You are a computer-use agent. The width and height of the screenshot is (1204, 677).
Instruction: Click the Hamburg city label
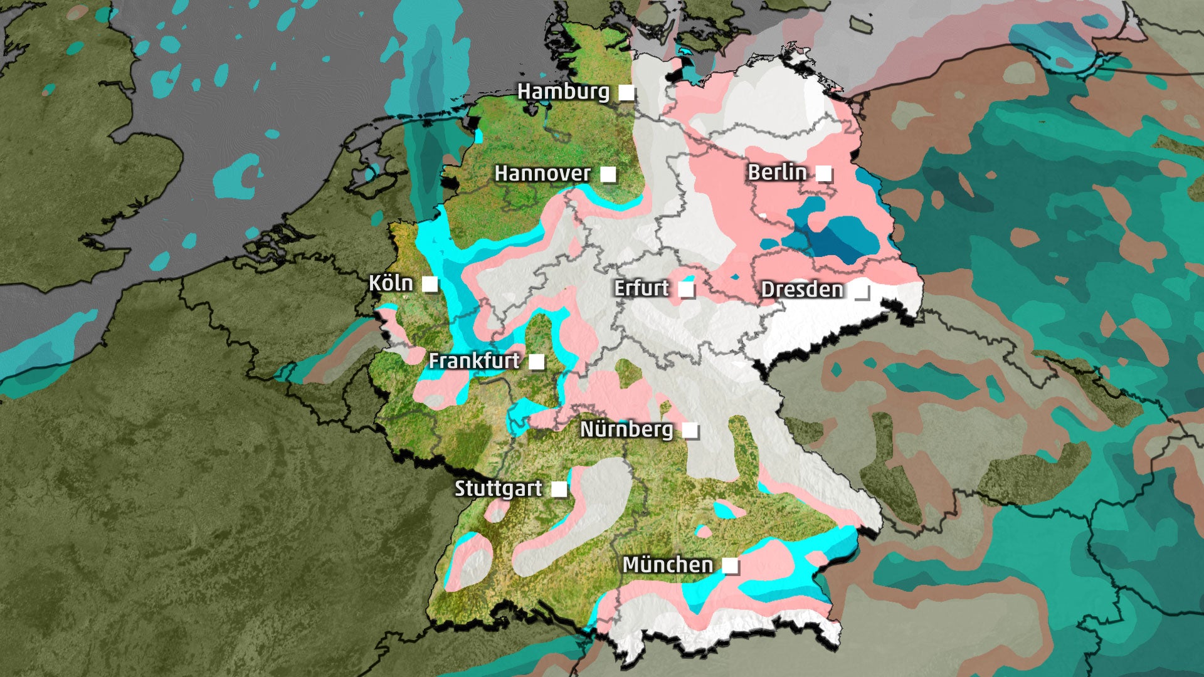[562, 92]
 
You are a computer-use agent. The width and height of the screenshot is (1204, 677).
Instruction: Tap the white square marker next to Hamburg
[626, 93]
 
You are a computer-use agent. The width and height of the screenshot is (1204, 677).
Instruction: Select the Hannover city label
[542, 174]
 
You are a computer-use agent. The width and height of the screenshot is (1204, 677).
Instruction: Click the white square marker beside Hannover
[608, 174]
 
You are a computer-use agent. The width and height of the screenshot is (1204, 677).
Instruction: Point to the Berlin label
[777, 172]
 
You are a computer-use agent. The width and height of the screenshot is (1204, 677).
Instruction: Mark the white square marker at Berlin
[823, 173]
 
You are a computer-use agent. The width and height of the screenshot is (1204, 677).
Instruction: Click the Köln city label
[391, 283]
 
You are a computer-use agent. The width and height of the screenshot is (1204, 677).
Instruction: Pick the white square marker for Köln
[430, 284]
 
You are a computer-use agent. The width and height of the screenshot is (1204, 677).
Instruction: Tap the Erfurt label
[641, 288]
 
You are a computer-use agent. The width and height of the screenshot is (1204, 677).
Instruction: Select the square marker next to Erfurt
[687, 289]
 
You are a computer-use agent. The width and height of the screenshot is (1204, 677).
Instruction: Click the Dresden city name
[801, 290]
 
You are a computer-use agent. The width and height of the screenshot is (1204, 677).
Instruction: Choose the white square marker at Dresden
[862, 290]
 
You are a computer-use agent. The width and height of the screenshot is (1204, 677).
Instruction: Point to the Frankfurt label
[474, 361]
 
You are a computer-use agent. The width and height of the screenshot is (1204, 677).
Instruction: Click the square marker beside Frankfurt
[536, 362]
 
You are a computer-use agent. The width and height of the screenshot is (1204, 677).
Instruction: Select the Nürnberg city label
[626, 429]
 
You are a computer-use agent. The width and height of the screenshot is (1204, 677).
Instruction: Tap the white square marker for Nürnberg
[690, 430]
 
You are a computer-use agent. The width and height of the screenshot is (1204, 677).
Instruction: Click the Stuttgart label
[498, 488]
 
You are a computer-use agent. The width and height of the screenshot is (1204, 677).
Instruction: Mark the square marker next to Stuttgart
[558, 489]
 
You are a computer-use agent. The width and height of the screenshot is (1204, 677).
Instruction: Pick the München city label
[667, 565]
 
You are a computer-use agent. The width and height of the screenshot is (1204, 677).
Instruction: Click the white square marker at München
[730, 565]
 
